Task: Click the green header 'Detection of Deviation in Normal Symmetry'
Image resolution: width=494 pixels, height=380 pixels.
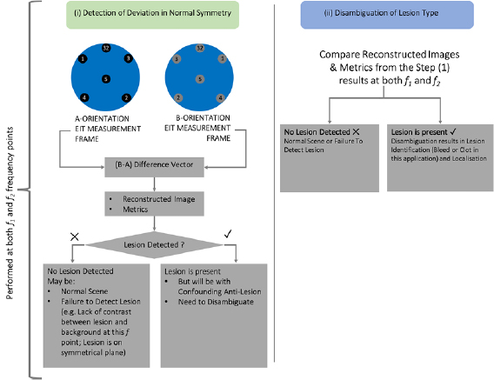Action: pos(156,14)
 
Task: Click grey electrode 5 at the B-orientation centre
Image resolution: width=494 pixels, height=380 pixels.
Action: pos(200,78)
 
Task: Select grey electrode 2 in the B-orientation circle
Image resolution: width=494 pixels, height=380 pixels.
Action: pos(179,97)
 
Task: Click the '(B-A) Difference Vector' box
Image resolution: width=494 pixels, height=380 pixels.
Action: pos(156,163)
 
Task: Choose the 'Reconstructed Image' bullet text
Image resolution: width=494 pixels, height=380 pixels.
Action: pos(161,201)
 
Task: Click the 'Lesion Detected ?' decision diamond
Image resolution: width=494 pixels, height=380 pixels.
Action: pos(156,246)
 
